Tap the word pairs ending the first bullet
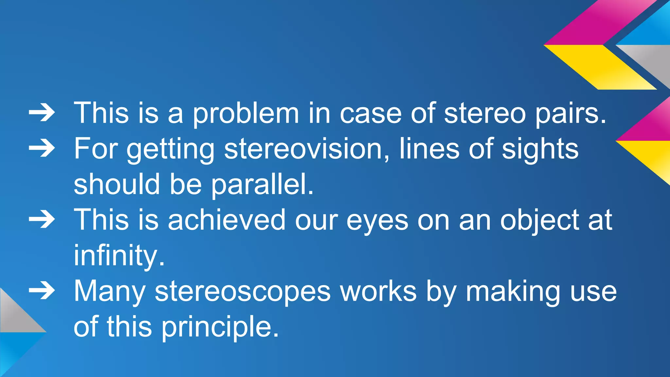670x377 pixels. pyautogui.click(x=570, y=113)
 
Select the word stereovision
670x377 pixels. pyautogui.click(x=307, y=149)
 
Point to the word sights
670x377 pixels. pyautogui.click(x=540, y=149)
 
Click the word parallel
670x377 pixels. pyautogui.click(x=262, y=184)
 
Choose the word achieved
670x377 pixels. pyautogui.click(x=227, y=220)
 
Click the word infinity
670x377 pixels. pyautogui.click(x=119, y=256)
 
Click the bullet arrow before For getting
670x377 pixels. pyautogui.click(x=42, y=149)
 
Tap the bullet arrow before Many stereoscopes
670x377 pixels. pyautogui.click(x=42, y=291)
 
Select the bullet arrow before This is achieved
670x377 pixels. pyautogui.click(x=42, y=220)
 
